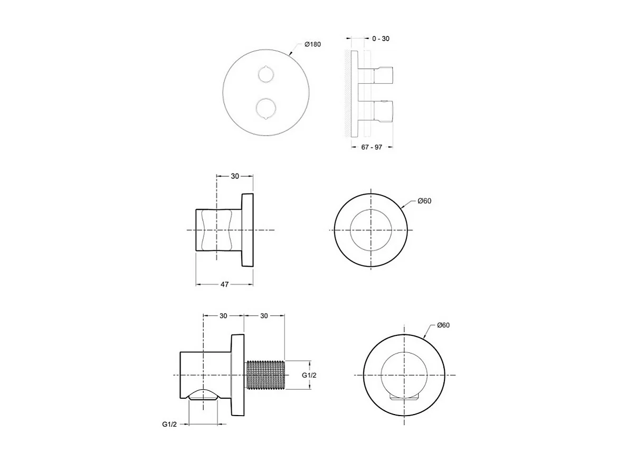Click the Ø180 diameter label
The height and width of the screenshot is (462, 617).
[312, 44]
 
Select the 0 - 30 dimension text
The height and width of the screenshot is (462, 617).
[381, 38]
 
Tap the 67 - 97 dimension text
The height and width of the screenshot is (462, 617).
[372, 147]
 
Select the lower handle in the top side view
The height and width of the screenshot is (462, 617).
[383, 110]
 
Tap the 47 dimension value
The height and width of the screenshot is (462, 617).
[224, 284]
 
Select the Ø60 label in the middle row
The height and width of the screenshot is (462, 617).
[424, 201]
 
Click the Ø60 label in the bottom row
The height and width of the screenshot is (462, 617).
[443, 325]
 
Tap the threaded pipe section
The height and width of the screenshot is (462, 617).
[265, 374]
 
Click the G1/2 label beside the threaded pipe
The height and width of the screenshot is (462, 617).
[309, 375]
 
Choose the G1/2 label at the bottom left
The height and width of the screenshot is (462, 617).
[169, 424]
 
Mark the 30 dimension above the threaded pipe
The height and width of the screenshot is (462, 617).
[264, 315]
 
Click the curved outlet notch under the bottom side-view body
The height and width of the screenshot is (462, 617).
[203, 394]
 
